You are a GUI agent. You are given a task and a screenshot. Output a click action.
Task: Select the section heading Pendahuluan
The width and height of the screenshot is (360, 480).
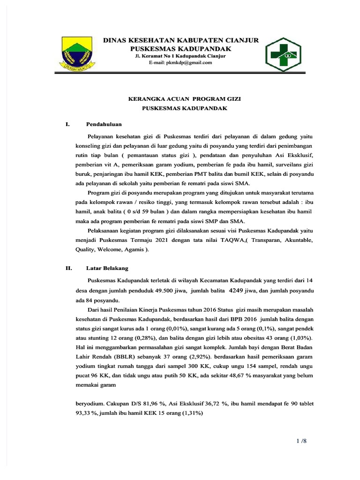coord(104,124)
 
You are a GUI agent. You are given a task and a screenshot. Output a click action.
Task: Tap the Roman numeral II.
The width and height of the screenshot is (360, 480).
coord(68,269)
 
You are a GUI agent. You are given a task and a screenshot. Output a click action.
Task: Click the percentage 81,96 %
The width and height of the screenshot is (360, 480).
coord(154,404)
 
